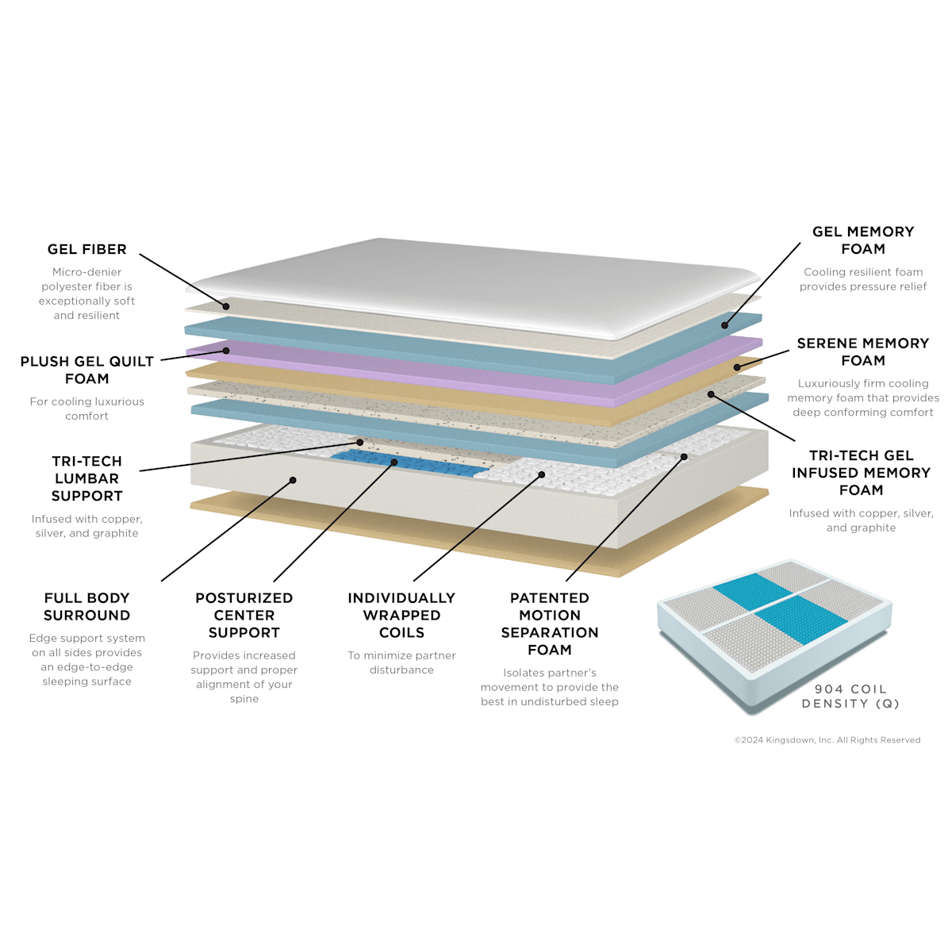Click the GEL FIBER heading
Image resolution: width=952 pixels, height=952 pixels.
pos(87,249)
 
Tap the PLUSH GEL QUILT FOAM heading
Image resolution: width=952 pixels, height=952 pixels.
pos(87,370)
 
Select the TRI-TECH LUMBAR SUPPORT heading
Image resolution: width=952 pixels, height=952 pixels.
pos(87,478)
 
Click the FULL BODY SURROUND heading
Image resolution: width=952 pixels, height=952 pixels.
pos(87,607)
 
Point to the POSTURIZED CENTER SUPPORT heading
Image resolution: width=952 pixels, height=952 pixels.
pos(244,615)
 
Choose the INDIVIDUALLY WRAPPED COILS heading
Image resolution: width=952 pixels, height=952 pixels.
pos(401,615)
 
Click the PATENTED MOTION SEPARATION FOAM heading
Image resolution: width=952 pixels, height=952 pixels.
pos(549,624)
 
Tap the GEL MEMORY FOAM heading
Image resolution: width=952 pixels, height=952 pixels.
pos(863,240)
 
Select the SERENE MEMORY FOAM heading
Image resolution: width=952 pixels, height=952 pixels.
pos(863,351)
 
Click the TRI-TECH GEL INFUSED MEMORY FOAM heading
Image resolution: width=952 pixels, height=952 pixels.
pos(861,473)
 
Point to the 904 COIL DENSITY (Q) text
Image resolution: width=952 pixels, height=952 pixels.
pos(850,696)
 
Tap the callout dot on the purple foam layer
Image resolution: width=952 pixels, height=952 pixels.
pos(226,351)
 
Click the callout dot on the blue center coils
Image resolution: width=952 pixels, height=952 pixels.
pos(394,463)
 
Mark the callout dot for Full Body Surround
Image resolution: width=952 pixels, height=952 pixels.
pos(293,480)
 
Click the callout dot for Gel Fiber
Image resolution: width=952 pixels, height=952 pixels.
pos(226,306)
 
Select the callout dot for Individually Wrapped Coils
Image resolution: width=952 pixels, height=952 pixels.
pos(542,474)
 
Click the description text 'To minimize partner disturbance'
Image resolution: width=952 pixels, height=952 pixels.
pos(401,662)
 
